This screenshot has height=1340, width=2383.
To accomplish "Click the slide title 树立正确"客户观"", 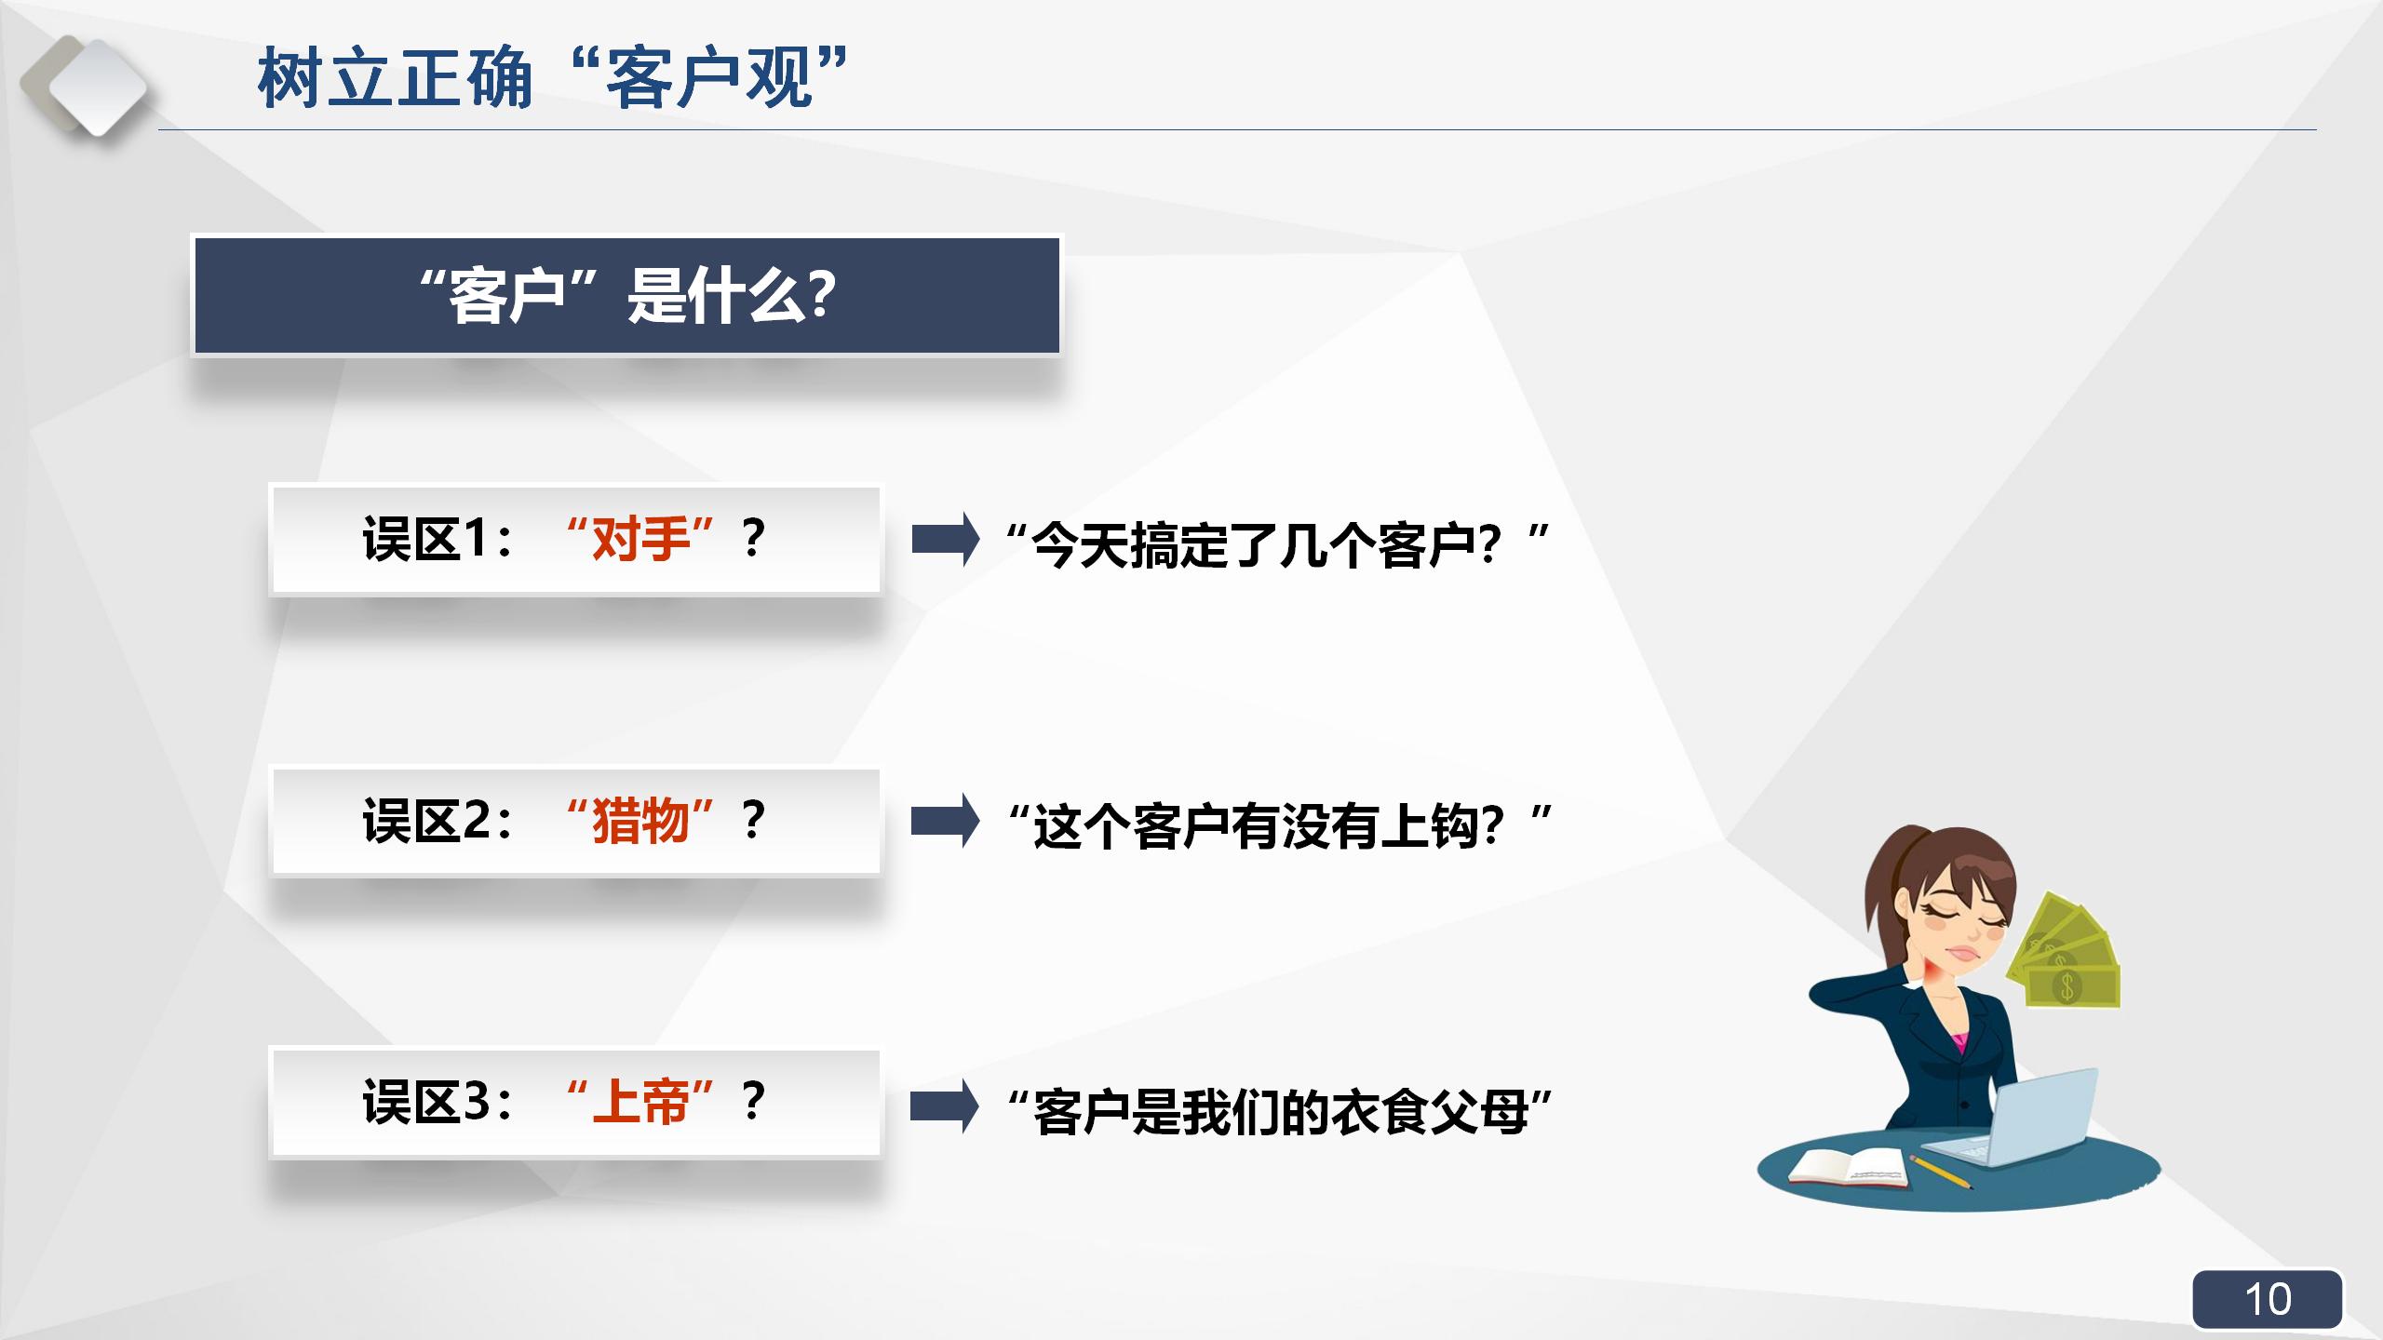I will pos(553,78).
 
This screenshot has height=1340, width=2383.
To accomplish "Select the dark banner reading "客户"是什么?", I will pos(626,295).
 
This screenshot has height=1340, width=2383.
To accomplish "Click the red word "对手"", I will pos(640,539).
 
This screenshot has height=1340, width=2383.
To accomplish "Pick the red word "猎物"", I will pos(640,821).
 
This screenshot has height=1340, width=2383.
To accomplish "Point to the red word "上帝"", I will pos(640,1102).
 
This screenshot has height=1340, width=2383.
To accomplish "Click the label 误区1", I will pos(436,539).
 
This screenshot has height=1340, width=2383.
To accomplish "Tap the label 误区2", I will pos(436,821).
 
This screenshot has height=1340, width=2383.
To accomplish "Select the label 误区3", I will pos(436,1102).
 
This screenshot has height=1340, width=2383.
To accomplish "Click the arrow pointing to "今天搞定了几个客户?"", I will pos(945,539).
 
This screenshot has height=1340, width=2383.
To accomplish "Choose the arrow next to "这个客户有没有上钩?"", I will pos(945,821).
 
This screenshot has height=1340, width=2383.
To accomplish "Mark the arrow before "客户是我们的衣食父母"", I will pos(944,1105).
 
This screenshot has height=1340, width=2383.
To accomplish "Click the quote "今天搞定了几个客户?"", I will pos(1277,544).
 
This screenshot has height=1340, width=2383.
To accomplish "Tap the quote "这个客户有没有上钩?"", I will pos(1279,825).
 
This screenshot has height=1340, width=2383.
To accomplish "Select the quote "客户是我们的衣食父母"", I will pos(1279,1111).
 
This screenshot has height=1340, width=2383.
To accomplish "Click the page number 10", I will pos(2267,1299).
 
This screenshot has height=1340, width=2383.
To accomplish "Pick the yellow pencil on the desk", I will pos(1941,1172).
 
